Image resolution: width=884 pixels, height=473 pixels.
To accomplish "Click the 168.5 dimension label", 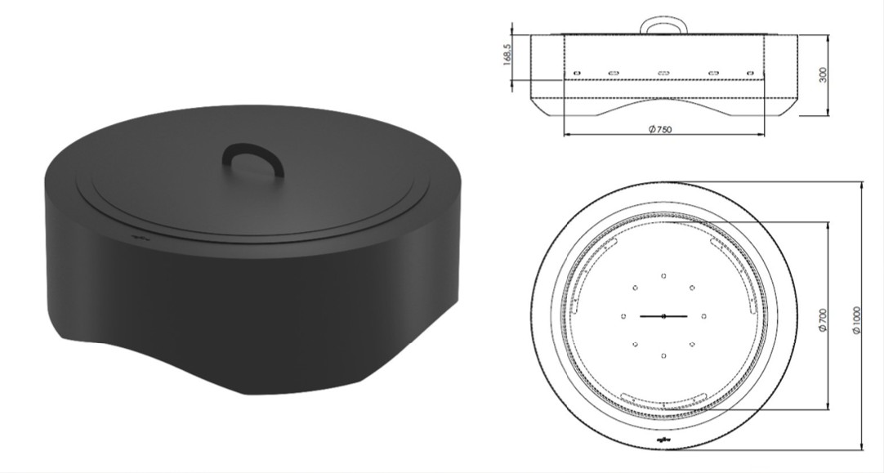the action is (507, 55).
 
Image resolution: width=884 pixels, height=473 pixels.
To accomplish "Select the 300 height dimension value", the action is (823, 75).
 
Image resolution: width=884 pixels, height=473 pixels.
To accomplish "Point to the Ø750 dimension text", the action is (660, 129).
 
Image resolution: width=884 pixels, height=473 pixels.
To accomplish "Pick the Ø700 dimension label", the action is (823, 319).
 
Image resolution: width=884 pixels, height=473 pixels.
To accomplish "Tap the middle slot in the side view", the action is (663, 73).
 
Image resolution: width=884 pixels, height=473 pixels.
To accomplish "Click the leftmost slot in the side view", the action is (576, 73).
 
